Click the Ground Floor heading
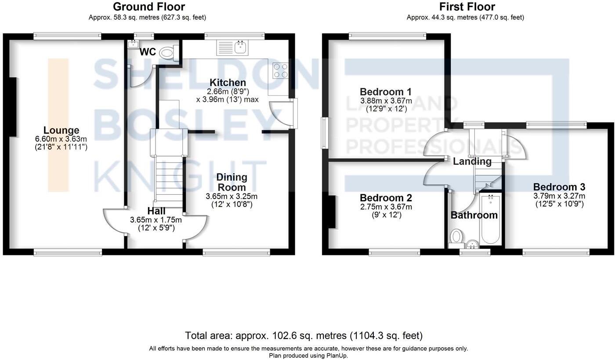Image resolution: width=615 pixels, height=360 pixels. [148, 7]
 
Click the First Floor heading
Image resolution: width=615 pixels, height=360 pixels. [467, 7]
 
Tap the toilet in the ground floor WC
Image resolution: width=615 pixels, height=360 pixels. [167, 53]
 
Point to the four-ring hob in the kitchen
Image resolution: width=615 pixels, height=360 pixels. [280, 70]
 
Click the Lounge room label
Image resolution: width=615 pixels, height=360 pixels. [61, 130]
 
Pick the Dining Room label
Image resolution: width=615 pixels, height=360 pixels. [232, 182]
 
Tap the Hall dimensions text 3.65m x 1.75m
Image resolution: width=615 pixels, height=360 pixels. [156, 220]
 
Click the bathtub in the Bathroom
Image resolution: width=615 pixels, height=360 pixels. [489, 220]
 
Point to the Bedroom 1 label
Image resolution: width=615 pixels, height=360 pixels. [385, 92]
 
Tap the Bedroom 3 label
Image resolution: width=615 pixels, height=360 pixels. [559, 187]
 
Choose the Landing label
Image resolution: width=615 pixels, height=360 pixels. [472, 161]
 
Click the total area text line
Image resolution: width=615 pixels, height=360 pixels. [304, 336]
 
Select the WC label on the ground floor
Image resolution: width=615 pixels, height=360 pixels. [147, 52]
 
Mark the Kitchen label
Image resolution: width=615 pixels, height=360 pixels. [228, 83]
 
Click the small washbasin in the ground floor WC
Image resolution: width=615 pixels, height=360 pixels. [132, 44]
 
